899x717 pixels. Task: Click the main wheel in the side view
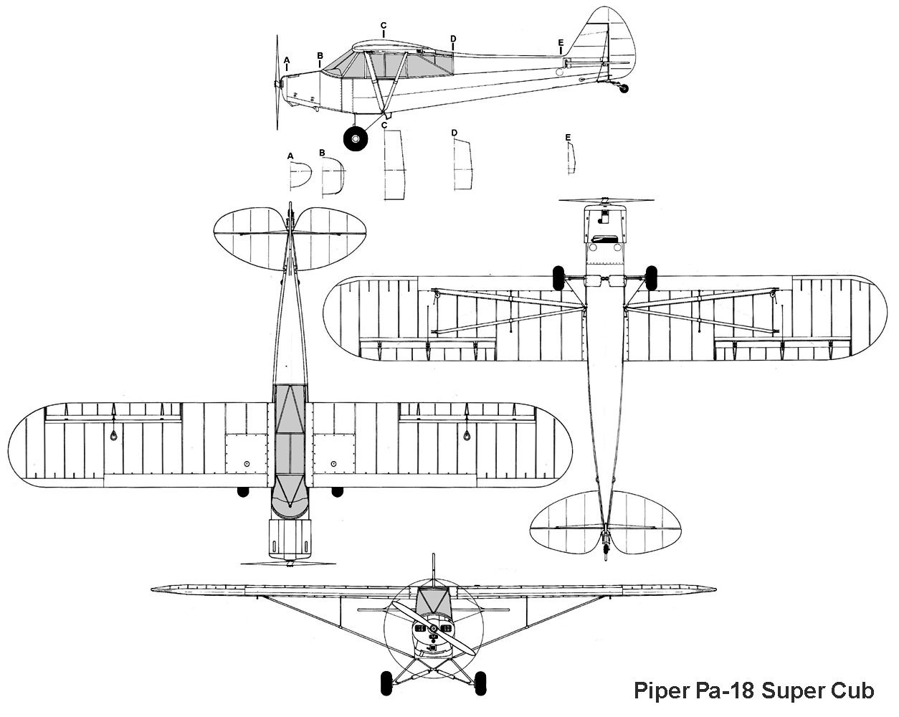[355, 138]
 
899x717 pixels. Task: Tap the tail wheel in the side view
[624, 88]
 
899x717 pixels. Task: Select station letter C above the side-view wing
[384, 26]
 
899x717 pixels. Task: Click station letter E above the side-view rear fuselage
[561, 42]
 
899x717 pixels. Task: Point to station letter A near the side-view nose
[287, 60]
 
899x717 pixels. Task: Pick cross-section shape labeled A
[300, 174]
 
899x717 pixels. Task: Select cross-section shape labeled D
[463, 165]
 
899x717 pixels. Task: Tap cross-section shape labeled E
[571, 158]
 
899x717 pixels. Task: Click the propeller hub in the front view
[433, 629]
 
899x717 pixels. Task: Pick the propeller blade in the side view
[278, 57]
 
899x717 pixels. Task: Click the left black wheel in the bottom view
[559, 277]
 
